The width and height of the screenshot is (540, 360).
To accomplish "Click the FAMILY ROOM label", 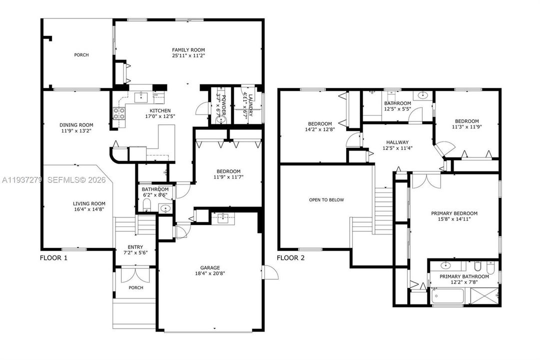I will (x=188, y=50).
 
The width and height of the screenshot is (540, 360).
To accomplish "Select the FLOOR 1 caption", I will (x=53, y=258).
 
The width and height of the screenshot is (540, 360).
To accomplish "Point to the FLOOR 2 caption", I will (x=291, y=258).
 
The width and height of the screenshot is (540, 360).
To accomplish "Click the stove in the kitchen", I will (x=120, y=113).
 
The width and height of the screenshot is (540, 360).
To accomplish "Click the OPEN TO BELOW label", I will (x=326, y=200).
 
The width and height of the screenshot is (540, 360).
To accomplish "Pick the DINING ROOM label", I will (x=76, y=125).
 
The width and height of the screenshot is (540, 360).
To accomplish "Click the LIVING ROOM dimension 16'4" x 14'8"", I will (x=89, y=210).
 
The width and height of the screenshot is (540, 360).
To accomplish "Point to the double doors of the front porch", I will (x=136, y=275).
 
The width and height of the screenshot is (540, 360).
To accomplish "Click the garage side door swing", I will (x=270, y=273).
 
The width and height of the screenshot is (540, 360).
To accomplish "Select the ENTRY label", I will (x=135, y=246).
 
